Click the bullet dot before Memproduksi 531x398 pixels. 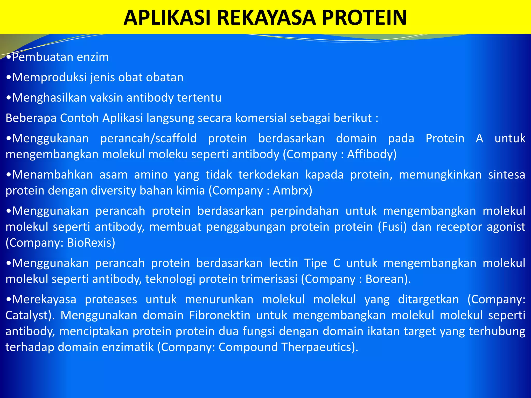9,77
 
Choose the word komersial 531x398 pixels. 260,118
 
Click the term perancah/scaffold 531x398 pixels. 148,138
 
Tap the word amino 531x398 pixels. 151,175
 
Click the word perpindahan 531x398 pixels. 304,211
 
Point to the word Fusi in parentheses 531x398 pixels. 392,227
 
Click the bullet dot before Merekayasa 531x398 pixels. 9,300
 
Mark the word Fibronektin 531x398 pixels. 220,315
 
